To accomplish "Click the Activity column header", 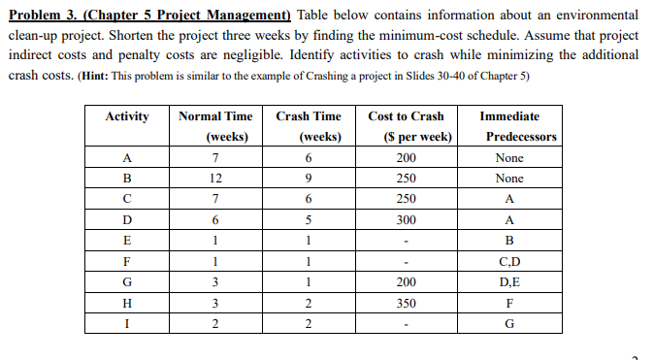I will click(x=127, y=116).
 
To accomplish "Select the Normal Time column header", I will click(x=215, y=126).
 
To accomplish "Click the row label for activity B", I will click(x=127, y=179).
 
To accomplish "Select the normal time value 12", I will click(x=215, y=179).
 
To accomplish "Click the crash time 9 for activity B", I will click(x=307, y=179).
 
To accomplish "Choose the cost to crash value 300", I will click(x=408, y=220).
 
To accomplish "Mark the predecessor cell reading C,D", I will click(x=508, y=262).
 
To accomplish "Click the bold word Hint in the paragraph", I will click(x=114, y=76).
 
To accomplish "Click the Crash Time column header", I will click(x=307, y=126).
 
